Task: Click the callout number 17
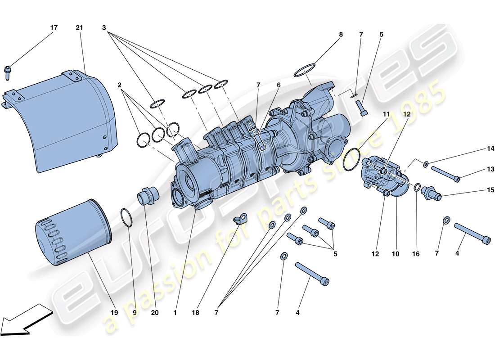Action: coord(54,28)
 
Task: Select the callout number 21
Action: coord(80,28)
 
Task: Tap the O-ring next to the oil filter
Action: coord(127,218)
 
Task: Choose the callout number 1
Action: coord(176,312)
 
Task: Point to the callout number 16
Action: coord(416,254)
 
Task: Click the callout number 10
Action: coord(395,254)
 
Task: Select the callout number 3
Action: coord(104,28)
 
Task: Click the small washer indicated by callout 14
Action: coord(426,164)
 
